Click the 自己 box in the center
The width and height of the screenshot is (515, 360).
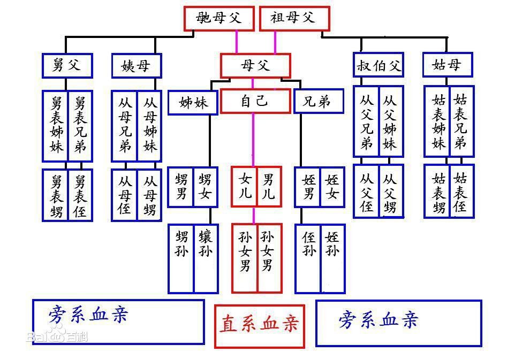(253, 101)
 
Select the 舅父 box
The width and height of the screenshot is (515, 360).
(67, 66)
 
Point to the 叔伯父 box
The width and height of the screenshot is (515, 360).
(378, 66)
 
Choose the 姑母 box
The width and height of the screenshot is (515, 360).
(447, 65)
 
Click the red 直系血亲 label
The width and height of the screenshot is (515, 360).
(260, 326)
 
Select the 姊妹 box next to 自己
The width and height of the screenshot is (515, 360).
(193, 102)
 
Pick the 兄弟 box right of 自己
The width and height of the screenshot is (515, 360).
(318, 101)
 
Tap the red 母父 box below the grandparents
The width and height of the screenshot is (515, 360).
(255, 66)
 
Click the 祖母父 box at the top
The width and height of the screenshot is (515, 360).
(294, 18)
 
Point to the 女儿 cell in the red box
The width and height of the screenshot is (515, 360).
(245, 186)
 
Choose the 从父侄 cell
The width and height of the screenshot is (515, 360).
(367, 191)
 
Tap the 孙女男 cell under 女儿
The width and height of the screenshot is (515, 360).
(245, 258)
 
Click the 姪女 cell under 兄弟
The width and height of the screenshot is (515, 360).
(332, 186)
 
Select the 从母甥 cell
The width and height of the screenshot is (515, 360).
(150, 195)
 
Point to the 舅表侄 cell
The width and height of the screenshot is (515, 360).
(80, 195)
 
